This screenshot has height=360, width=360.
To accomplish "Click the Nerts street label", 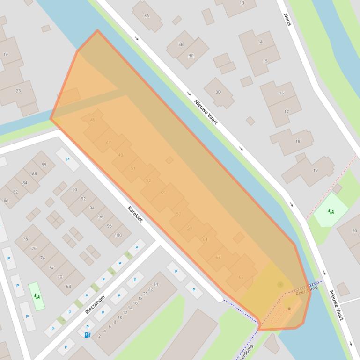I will (x=287, y=20).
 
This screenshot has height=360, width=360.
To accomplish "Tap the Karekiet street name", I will (x=135, y=214).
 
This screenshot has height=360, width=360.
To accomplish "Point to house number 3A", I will (x=147, y=15).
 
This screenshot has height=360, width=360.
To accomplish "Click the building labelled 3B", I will (x=181, y=45).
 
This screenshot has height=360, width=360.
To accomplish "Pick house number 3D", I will (x=218, y=92).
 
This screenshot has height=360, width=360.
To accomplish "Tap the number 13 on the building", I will (x=242, y=3).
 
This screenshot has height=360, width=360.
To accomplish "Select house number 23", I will (x=18, y=91).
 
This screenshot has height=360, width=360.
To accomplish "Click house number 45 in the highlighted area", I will (x=93, y=120).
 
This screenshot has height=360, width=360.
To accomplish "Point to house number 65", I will (x=241, y=277).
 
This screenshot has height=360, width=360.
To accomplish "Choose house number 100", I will (x=118, y=235).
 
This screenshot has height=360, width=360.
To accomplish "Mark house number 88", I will (x=44, y=165).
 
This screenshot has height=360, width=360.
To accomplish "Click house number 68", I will (x=68, y=286).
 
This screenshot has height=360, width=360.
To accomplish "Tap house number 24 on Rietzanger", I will (x=156, y=284).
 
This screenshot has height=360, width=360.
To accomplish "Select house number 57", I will (x=178, y=214).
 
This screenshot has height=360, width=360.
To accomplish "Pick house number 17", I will (x=287, y=112).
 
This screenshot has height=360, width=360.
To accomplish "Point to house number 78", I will (x=25, y=239).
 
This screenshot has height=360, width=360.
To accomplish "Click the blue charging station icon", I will (x=87, y=335).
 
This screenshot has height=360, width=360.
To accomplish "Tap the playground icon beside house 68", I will (x=37, y=296).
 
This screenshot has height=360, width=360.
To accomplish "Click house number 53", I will (x=148, y=180).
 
